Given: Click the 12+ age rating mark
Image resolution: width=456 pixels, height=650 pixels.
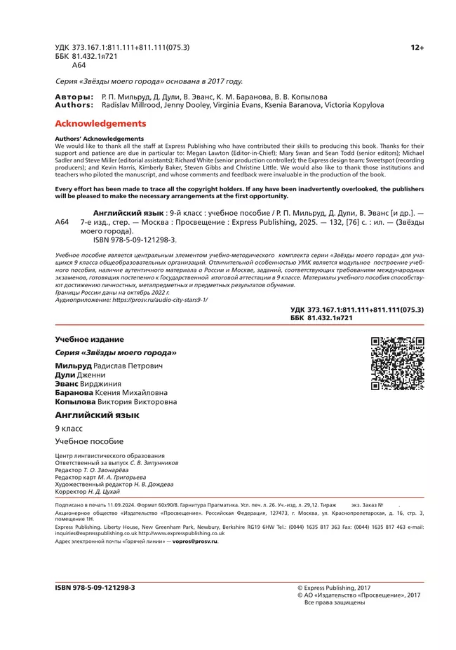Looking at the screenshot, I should coord(417,47).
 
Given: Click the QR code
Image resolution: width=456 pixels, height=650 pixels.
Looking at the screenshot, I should coord(397,363).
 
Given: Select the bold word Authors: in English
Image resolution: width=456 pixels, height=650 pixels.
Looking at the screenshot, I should coord(74,105).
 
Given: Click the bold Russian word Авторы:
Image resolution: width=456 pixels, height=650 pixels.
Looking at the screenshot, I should coord(74,96).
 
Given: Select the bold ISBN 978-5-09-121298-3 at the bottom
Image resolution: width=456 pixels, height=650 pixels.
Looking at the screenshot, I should coord(95,588).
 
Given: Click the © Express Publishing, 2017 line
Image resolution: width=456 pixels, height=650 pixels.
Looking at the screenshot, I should coord(334,588).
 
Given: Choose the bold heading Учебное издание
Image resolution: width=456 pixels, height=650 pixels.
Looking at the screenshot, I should coord(89,339).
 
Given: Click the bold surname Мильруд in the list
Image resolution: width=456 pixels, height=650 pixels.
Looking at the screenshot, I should coord(73,366).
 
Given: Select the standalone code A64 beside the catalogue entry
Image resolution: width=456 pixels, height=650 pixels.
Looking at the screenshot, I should coord(62,221).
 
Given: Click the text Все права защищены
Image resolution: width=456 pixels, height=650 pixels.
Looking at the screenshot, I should coord(334,602).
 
